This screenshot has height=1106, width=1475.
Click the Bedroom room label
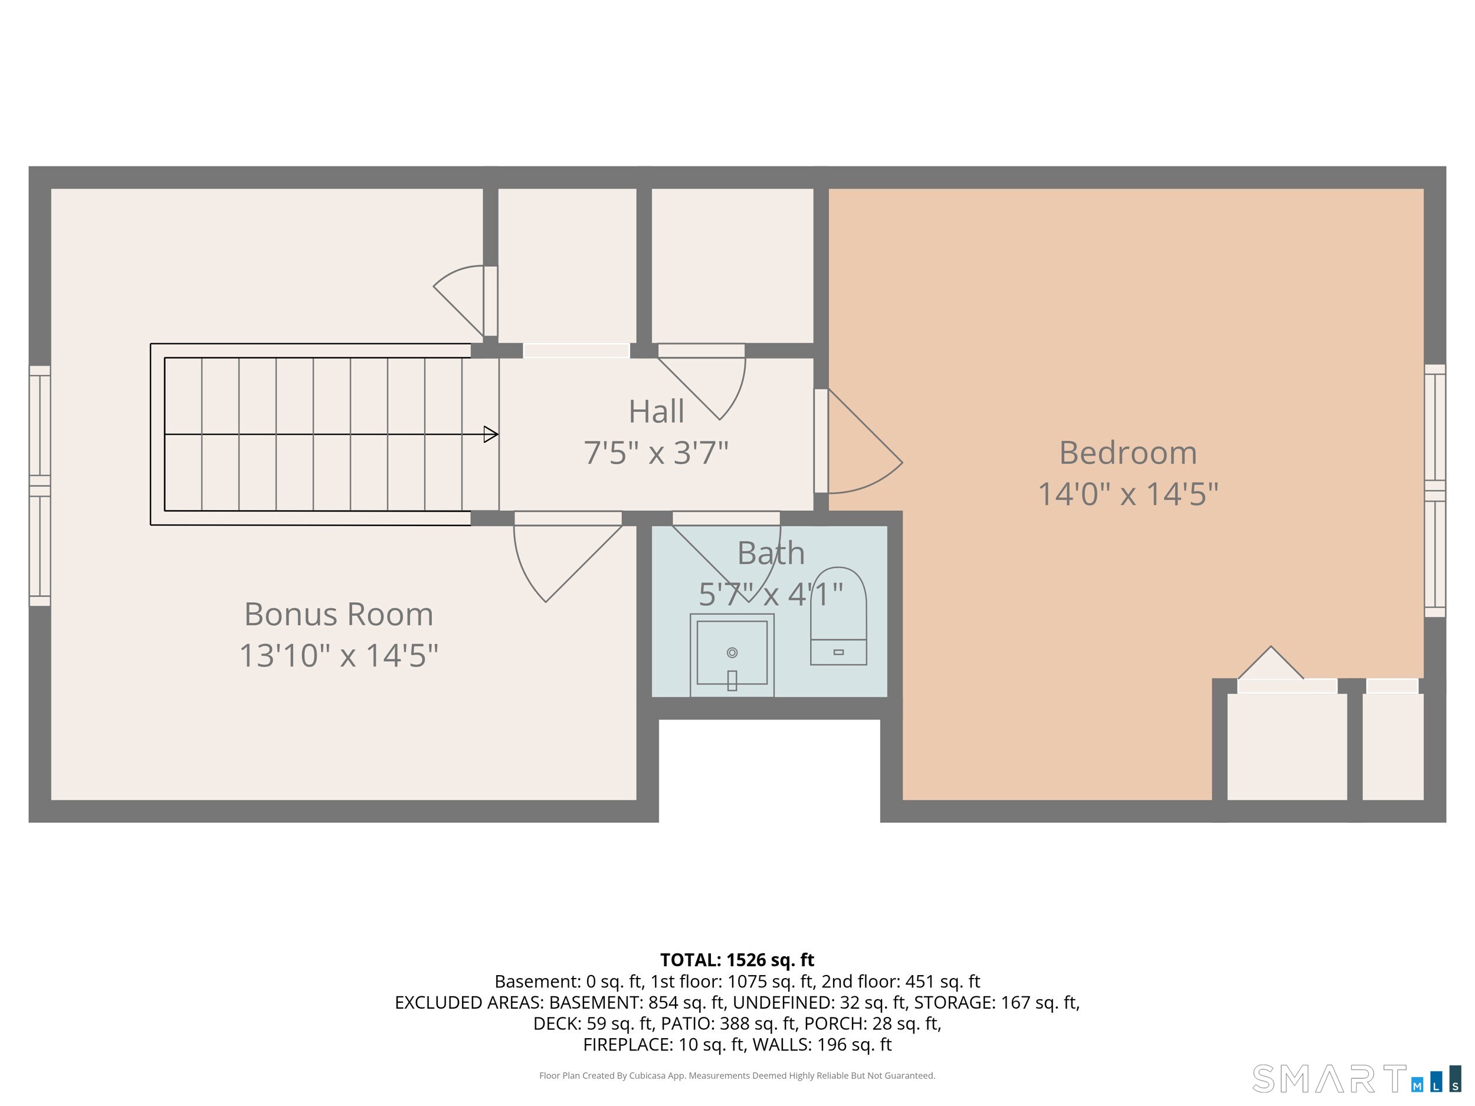1127,454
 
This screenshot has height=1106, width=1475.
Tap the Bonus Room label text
339,614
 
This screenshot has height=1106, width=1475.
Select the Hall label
656,411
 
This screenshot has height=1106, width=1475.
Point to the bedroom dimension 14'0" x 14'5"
1128,494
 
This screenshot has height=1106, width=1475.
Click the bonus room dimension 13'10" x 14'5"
339,655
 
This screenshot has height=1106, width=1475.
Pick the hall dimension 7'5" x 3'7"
656,452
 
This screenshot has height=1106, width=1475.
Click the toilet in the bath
838,616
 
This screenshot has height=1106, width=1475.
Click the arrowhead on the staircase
491,435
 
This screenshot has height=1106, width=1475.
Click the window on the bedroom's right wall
1435,491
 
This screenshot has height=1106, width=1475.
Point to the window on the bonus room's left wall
40,486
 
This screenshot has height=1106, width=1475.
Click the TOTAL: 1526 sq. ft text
737,960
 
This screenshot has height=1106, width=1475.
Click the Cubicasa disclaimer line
737,1075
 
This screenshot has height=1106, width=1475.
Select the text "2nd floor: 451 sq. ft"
900,982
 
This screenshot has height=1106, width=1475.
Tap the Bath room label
771,553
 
